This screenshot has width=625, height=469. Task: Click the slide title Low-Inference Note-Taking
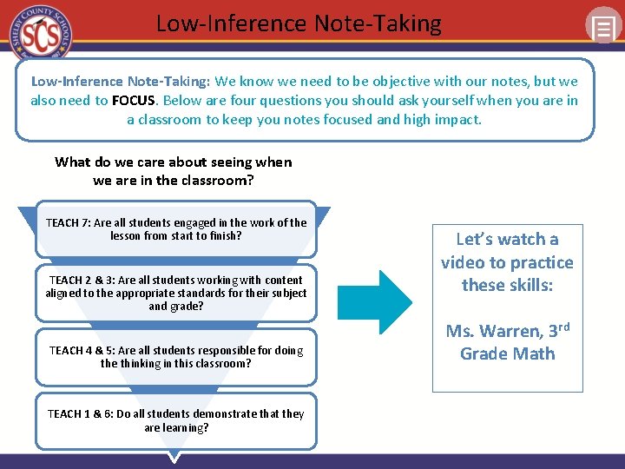tap(299, 23)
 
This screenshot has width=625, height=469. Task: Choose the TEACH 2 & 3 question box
tap(175, 294)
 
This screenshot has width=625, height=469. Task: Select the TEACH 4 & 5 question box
tap(175, 357)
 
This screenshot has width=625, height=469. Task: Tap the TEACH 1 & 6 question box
tap(175, 420)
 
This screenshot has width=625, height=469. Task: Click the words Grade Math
tap(507, 353)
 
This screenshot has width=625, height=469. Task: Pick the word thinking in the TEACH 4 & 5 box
tap(140, 363)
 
